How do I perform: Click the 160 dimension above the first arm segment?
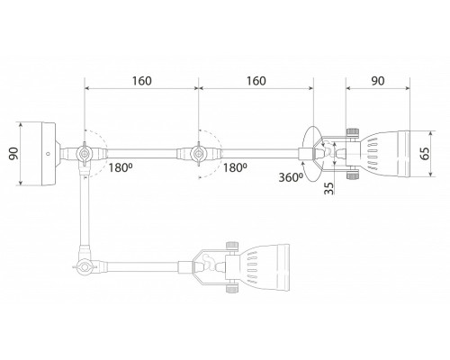pos(142,81)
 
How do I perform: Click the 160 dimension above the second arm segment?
pos(256,81)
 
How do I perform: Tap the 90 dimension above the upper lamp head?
pos(378,81)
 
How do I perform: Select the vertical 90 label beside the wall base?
pos(13,154)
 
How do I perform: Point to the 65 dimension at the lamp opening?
pos(424,153)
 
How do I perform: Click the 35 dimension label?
pos(329,189)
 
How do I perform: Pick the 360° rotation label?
pos(291,177)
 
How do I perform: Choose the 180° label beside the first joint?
pos(121,167)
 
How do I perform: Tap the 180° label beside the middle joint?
pos(235,167)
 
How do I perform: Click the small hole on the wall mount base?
pos(48,154)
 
